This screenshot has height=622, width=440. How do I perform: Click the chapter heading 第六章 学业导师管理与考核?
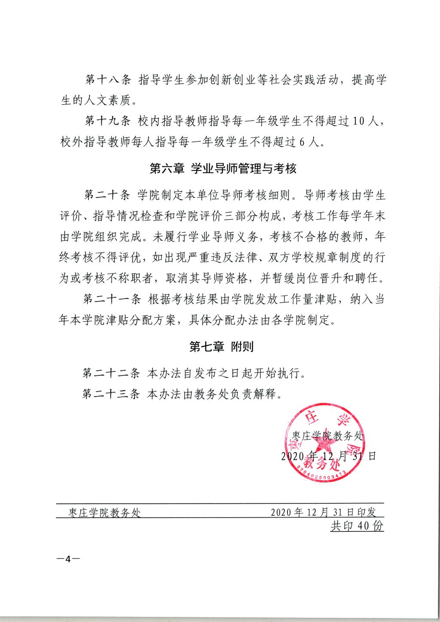click(223, 168)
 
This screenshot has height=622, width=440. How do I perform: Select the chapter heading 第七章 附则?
click(222, 347)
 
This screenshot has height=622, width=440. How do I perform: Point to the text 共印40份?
click(357, 526)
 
